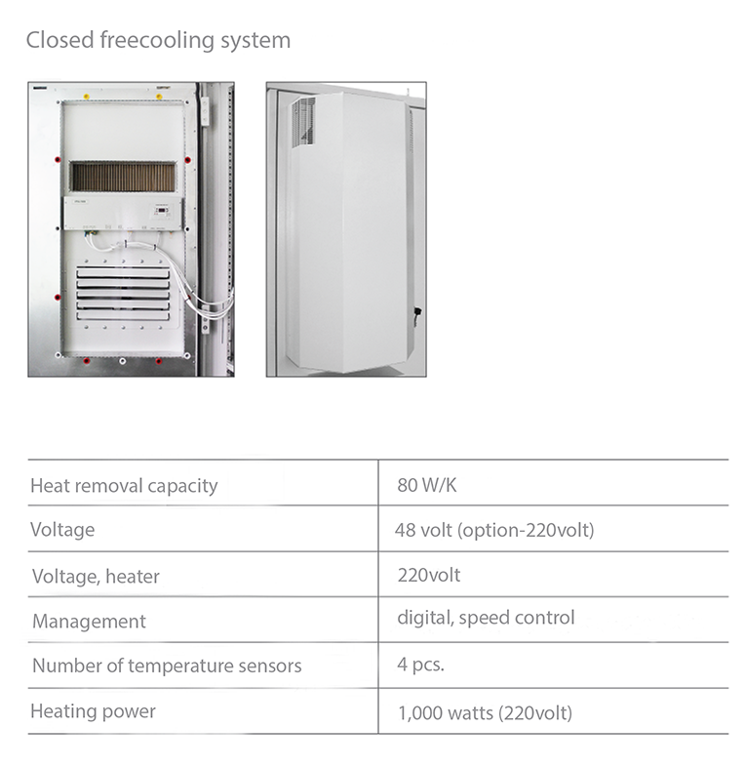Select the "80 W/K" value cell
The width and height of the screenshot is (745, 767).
[x=427, y=485]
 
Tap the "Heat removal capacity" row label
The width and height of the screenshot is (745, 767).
[x=124, y=486]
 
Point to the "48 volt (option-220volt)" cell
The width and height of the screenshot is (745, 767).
[x=494, y=530]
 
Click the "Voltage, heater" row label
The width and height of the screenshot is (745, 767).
[x=96, y=577]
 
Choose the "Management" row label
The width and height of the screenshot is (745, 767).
[x=89, y=622]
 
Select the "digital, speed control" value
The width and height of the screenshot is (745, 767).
[x=486, y=618]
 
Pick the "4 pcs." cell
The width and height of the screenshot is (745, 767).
[x=421, y=665]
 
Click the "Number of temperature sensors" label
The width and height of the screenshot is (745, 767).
[x=167, y=666]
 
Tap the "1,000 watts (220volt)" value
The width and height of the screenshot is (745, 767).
[x=485, y=713]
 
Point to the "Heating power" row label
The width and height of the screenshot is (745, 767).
[x=93, y=711]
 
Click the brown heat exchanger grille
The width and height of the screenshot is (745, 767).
[x=122, y=177]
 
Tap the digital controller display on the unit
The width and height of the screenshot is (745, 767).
[x=162, y=211]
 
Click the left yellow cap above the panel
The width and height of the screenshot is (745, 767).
[x=87, y=97]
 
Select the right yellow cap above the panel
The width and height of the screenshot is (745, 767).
[x=159, y=97]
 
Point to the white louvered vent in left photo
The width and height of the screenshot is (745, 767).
[x=123, y=294]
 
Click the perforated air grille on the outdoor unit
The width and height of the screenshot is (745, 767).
[x=303, y=121]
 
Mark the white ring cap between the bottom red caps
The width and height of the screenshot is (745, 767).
[x=122, y=361]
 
